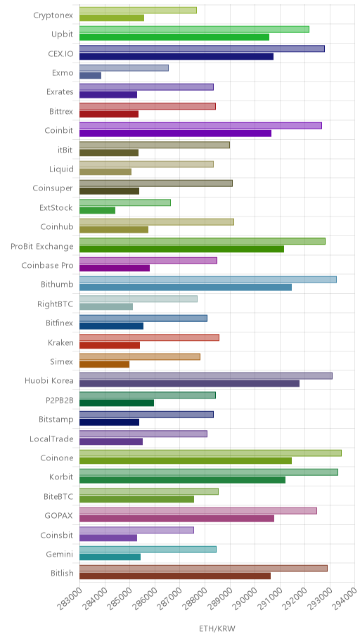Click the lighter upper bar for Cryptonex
coord(138,11)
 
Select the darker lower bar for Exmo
coord(90,76)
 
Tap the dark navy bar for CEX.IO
coord(176,56)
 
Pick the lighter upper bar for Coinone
coord(210,453)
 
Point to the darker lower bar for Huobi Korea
coord(189,384)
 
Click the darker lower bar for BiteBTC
coord(136,499)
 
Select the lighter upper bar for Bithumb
coord(208,280)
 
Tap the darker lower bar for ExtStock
coord(97,210)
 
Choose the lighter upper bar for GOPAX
coord(198,510)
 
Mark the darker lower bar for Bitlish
coord(175,576)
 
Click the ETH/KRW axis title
coord(217,629)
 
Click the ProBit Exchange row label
coord(42,247)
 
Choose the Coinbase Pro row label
coord(47,266)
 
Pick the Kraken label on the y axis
coord(61,342)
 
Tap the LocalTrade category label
coord(51,439)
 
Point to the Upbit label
coord(63,34)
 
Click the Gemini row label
coord(60,555)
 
